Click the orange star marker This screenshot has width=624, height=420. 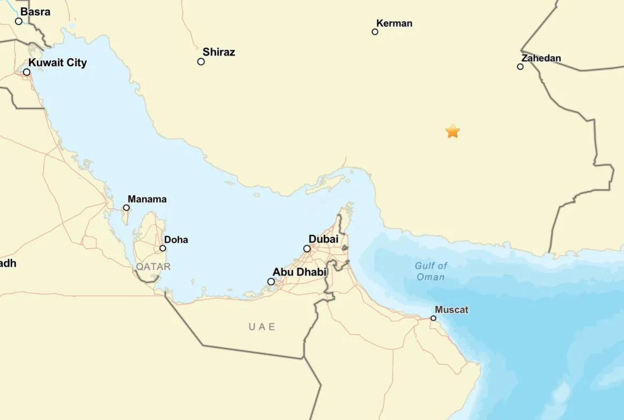[453, 131]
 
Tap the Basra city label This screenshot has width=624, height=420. [35, 12]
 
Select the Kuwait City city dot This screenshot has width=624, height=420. [27, 72]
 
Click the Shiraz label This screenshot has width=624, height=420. [219, 52]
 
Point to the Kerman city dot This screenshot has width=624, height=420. [375, 32]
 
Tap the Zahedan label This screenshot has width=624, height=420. [541, 58]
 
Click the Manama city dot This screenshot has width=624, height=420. [127, 208]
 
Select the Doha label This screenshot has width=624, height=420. [176, 240]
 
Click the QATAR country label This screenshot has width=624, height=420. [153, 266]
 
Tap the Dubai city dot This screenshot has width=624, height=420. [307, 248]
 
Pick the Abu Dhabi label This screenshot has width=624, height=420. [299, 272]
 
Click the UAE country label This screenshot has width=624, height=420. [262, 327]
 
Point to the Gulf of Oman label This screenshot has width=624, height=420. [431, 271]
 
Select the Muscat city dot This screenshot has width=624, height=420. [433, 318]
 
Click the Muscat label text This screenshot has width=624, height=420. [451, 310]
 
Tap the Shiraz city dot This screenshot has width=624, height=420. [201, 61]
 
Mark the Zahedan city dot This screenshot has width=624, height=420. [520, 67]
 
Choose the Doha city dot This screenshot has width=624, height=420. [163, 248]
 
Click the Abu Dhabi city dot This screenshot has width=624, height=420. [271, 281]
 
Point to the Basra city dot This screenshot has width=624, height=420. [19, 21]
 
